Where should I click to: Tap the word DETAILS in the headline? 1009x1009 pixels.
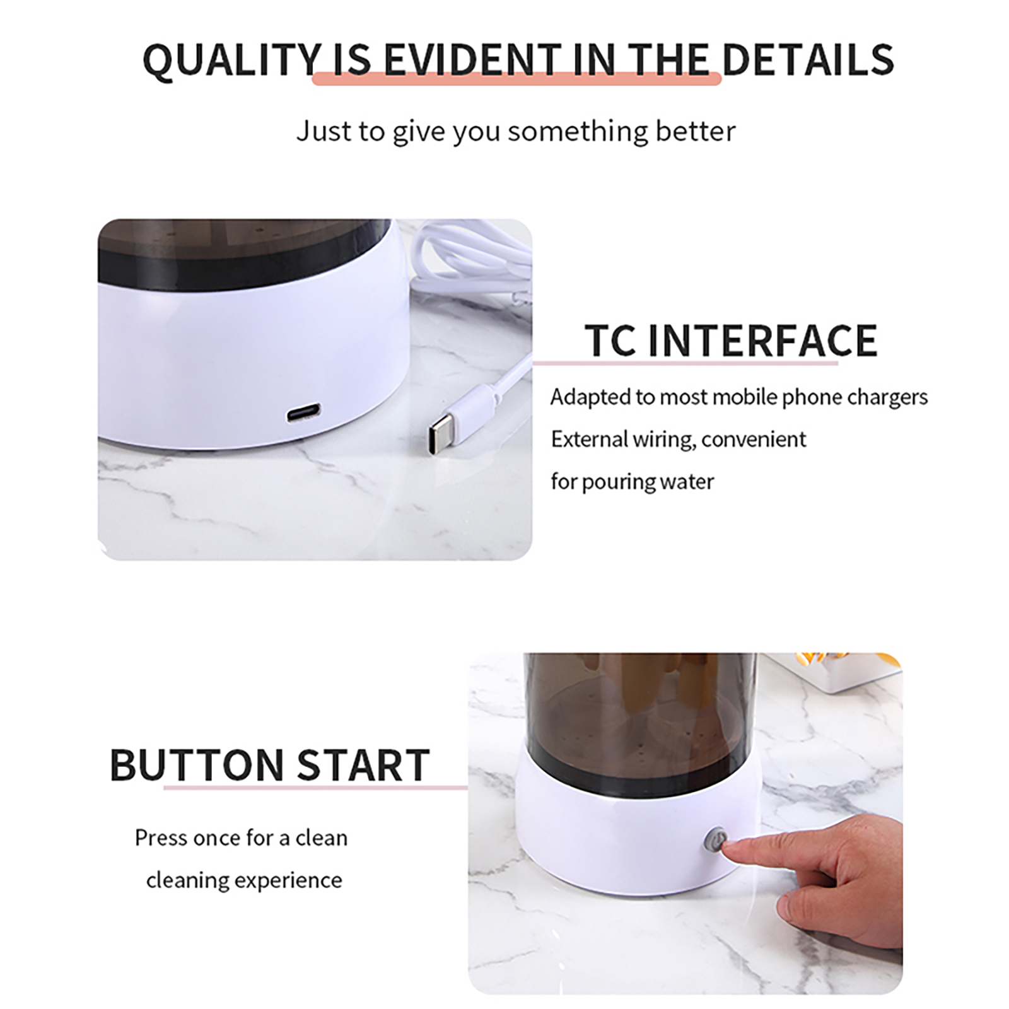pos(808,60)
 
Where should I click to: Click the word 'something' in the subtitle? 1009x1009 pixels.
pos(578,132)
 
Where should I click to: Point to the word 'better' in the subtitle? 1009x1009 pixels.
pos(696,131)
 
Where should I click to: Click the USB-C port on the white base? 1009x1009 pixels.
pos(303,414)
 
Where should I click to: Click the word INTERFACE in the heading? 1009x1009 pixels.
pos(762,341)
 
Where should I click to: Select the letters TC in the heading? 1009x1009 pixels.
pos(610,341)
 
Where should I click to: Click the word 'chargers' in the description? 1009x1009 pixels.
pos(887,397)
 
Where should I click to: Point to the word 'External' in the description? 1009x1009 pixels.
pos(589,439)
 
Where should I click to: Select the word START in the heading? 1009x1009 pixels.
pos(363,766)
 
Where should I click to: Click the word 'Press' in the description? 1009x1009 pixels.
pos(161,838)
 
